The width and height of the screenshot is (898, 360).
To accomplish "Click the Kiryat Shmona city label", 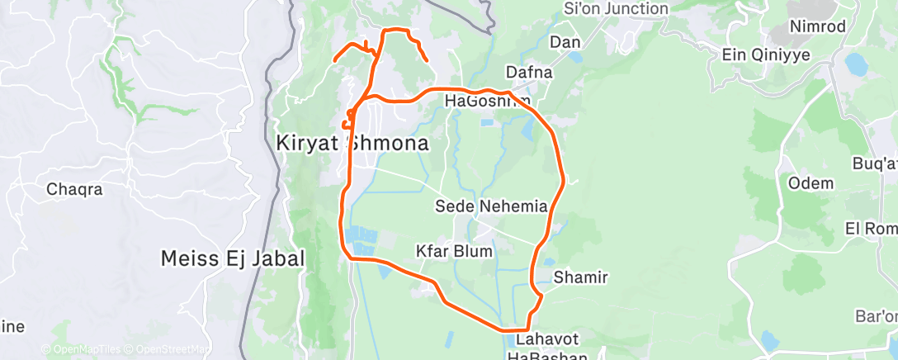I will coord(352,143).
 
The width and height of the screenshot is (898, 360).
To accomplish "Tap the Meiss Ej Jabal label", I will coord(234,259).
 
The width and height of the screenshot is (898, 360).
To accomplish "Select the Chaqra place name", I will coord(74,189).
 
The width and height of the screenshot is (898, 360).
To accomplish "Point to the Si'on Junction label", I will coord(615,9).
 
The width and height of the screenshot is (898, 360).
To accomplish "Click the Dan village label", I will coord(565,42).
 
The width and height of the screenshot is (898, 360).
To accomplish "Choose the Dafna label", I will coord(528,73).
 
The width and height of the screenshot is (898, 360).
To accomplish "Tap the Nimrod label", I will coord(817,26).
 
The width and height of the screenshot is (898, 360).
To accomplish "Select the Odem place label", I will coord(811,183).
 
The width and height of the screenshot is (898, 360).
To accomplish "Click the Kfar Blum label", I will coord(454,250).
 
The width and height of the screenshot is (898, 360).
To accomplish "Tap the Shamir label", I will coord(580,277).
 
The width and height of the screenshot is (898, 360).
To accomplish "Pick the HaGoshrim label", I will coord(487,101).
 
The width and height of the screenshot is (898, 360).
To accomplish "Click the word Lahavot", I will coord(547,340).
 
